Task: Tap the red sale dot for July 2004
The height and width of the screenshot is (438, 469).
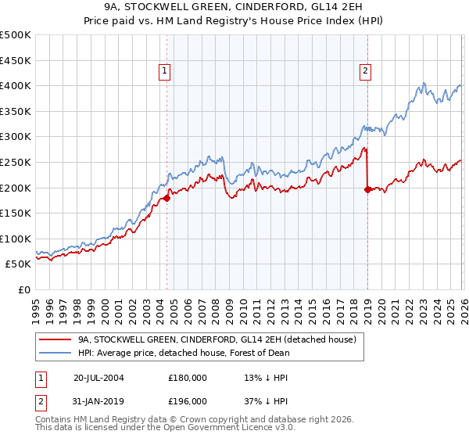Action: (167, 198)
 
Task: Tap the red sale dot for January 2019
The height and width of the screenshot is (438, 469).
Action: (367, 189)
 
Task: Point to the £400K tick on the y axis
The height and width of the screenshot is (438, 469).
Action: (16, 85)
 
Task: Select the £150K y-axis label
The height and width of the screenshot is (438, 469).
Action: (16, 213)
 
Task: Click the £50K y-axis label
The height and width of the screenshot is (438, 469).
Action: (19, 264)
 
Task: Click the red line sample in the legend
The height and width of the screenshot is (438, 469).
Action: (54, 339)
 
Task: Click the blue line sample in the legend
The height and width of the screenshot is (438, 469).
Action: (54, 353)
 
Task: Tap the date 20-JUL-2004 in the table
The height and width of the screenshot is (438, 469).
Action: (98, 377)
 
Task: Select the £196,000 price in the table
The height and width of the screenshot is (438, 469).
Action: (188, 400)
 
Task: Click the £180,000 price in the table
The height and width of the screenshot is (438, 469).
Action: (188, 377)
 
